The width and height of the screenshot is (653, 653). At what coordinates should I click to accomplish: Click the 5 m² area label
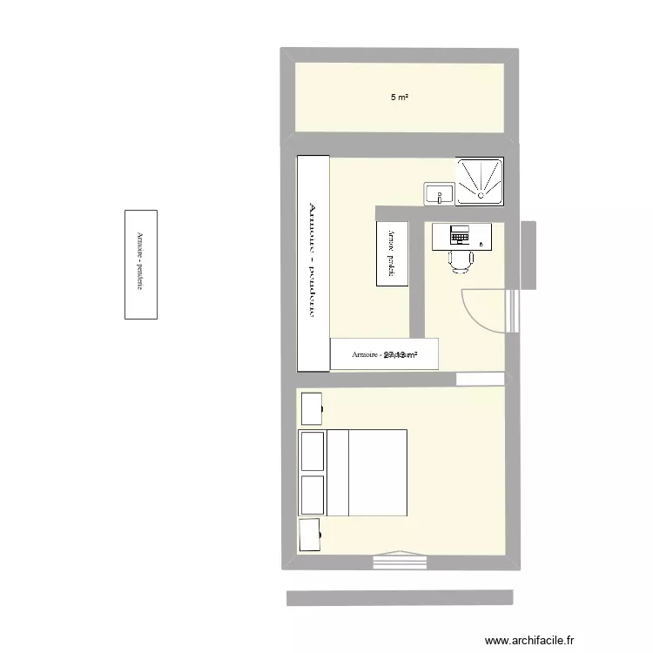tap(400, 98)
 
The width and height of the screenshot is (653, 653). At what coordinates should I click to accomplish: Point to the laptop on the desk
tap(459, 234)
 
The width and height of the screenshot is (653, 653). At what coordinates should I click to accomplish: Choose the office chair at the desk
tap(461, 260)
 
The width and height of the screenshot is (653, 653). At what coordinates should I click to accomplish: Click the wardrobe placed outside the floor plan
tap(141, 264)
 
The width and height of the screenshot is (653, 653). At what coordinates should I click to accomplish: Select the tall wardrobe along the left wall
tap(313, 264)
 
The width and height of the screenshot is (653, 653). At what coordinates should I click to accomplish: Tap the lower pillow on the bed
tap(311, 495)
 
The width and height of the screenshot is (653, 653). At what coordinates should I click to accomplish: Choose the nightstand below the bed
tap(311, 535)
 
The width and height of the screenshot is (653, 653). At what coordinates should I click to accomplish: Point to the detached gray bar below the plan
tap(400, 597)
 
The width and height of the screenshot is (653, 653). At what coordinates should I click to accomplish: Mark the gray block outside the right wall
tap(528, 254)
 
